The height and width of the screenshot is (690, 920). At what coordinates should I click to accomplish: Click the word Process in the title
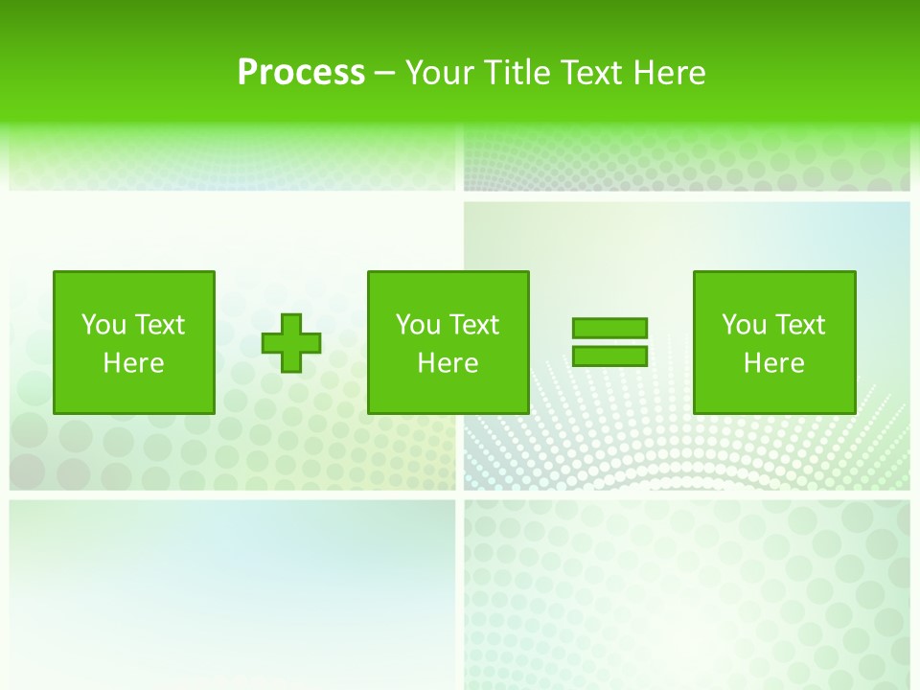pos(301,73)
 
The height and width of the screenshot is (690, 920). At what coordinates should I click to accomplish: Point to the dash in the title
pos(384,74)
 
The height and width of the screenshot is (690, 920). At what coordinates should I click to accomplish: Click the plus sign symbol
pos(291,343)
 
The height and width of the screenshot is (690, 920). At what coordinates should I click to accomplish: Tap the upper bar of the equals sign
pos(609,328)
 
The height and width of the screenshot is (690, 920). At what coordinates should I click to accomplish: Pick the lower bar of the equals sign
pos(609,356)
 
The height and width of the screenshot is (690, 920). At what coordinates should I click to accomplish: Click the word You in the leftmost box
pos(103,325)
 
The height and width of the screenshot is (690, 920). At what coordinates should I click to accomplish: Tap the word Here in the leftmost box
pos(133,363)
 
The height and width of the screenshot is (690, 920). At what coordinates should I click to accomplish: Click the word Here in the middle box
pos(448,363)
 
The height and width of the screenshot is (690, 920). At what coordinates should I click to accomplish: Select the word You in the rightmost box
pos(744,325)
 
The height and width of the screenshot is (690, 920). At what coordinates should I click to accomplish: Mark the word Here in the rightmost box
pos(773,363)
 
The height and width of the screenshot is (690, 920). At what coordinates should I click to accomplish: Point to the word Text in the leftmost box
pos(159,325)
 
